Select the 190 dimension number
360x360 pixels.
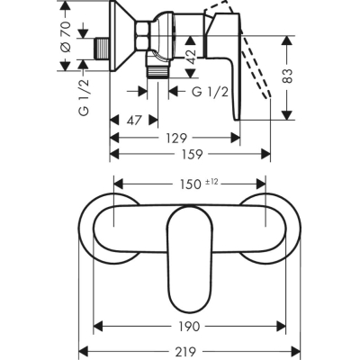190,327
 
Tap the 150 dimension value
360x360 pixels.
190,184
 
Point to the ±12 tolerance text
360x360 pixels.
211,182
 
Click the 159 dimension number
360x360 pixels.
193,154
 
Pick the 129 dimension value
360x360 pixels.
176,139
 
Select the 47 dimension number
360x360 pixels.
134,121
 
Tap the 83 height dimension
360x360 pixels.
287,76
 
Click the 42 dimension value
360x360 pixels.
191,57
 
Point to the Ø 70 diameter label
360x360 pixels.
66,37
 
